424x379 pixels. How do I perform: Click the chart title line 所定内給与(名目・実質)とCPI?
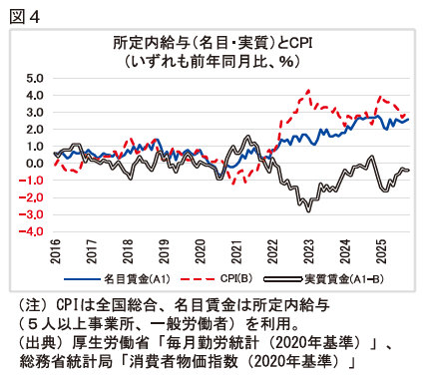(212, 43)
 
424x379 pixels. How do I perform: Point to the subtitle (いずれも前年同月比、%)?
(212, 60)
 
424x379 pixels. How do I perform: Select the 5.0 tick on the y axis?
(35, 78)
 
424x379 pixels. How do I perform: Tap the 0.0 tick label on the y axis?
(35, 164)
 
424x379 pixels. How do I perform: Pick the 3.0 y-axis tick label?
(35, 112)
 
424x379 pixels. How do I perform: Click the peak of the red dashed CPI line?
(308, 91)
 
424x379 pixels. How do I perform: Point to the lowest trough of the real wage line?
(308, 209)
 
